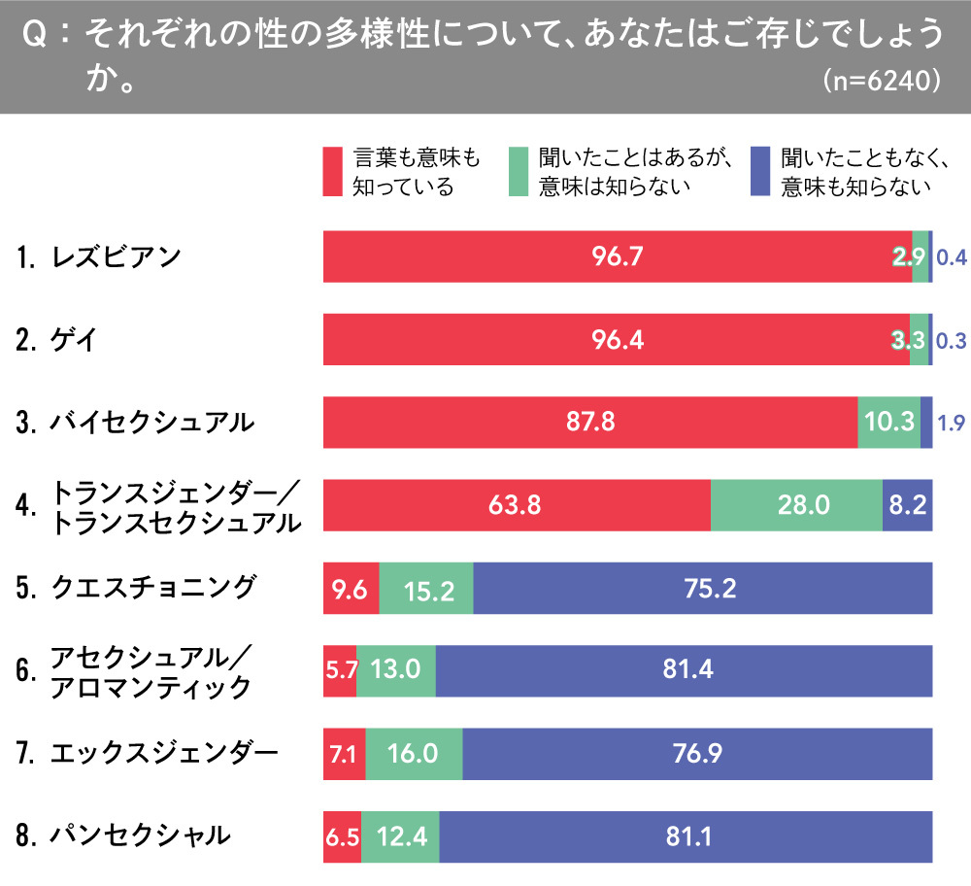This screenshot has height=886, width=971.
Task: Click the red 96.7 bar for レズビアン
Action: pos(618,256)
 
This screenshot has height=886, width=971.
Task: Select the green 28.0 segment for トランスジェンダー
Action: pos(796,505)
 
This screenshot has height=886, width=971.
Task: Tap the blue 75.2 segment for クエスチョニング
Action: pos(703,588)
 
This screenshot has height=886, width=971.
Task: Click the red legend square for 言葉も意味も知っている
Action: pos(332,172)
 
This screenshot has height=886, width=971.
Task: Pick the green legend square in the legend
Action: pos(519,172)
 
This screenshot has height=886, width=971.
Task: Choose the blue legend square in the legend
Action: pos(760,172)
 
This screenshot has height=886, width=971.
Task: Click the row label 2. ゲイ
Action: pos(58,340)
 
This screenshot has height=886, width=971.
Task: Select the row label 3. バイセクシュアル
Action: pos(136,423)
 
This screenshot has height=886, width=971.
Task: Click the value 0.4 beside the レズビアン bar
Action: pos(951,257)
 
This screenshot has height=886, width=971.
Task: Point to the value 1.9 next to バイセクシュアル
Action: pos(951,423)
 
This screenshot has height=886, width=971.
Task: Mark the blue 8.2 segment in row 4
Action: pos(908,505)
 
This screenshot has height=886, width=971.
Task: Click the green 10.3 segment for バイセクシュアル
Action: pos(888,423)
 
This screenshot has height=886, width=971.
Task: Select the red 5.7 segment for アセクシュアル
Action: pos(339,670)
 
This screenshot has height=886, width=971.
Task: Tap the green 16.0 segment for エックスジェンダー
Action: pos(414,753)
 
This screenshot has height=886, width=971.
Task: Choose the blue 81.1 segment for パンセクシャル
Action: pos(686,835)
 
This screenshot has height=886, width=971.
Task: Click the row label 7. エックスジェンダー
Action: pos(147,752)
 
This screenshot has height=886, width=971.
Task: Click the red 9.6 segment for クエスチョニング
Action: pos(351,588)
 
